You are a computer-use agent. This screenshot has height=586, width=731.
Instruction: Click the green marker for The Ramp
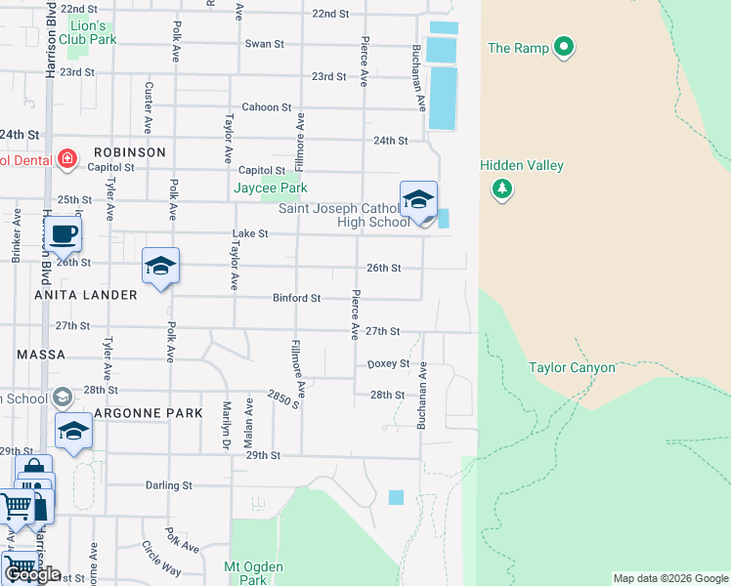[x=563, y=47]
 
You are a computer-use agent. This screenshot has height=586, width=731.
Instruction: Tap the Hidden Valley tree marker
[x=501, y=188]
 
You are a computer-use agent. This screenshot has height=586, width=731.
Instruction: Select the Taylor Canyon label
[x=572, y=368]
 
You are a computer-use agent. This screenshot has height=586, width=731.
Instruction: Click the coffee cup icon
[x=64, y=234]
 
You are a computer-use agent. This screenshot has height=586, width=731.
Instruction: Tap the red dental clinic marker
[x=66, y=159]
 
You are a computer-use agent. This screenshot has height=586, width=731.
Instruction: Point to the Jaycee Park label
[x=270, y=188]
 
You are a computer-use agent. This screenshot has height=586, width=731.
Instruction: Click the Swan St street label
[x=264, y=44]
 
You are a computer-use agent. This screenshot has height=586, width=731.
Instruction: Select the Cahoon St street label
[x=267, y=107]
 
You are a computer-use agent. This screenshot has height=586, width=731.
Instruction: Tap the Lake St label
[x=249, y=234]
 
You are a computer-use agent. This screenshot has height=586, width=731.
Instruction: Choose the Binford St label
[x=296, y=298]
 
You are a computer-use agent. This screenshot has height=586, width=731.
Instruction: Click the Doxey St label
[x=387, y=364]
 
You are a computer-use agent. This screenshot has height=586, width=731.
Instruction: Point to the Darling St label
[x=168, y=485]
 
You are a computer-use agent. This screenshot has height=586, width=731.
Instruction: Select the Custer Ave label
[x=149, y=107]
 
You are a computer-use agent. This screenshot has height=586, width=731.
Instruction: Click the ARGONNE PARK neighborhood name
[x=149, y=413]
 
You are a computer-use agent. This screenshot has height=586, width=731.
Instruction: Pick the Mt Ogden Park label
[x=253, y=573]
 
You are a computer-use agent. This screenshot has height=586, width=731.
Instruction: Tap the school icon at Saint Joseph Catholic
[x=418, y=200]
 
